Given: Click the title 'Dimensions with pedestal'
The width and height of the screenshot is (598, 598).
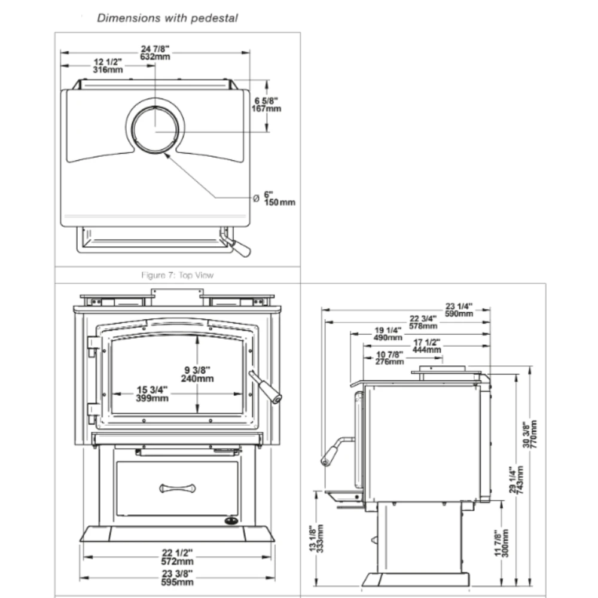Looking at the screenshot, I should tap(167, 18).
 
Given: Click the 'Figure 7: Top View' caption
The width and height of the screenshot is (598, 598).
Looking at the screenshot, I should tap(177, 275).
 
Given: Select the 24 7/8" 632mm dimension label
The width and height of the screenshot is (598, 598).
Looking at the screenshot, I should tap(155, 53).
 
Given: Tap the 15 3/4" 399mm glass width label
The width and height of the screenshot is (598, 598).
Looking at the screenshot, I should tap(152, 394).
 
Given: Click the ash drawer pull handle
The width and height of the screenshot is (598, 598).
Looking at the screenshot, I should tap(177, 488).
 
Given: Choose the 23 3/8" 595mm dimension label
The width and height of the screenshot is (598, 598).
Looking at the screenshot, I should tap(177, 578).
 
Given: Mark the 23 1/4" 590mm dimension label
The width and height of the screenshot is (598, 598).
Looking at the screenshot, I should tap(459, 309).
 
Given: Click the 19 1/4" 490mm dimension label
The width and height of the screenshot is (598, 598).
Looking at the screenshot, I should tap(388, 334).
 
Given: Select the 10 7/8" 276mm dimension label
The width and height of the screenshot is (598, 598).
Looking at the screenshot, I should tap(389, 358).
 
